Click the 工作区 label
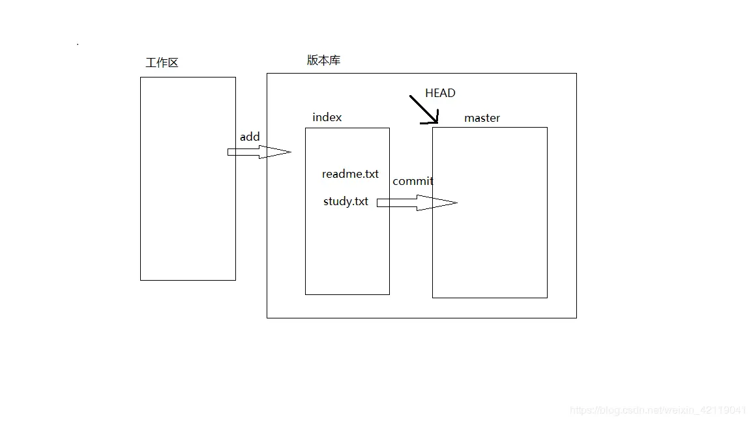[x=162, y=63]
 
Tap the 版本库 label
[x=323, y=61]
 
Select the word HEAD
[x=440, y=93]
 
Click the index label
[x=327, y=117]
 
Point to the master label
[x=482, y=118]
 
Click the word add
[x=250, y=137]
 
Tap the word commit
[x=413, y=181]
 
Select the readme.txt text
[x=350, y=174]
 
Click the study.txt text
[x=346, y=201]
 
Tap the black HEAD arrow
[x=423, y=109]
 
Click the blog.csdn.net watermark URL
[x=658, y=410]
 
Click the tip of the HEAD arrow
[x=436, y=122]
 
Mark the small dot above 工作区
[x=78, y=44]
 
